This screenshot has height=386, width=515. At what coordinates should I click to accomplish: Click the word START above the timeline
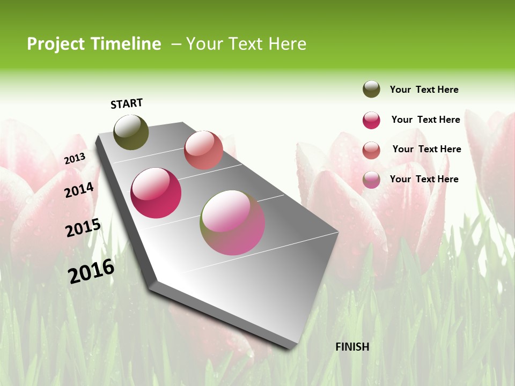click(x=127, y=103)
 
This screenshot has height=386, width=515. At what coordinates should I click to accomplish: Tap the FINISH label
click(x=352, y=347)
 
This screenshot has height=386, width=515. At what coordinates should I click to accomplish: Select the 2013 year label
click(x=75, y=158)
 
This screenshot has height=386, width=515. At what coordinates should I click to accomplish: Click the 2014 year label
click(x=79, y=190)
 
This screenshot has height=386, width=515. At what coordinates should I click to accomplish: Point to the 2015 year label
click(x=83, y=227)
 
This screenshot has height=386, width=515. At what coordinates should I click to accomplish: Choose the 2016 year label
click(x=91, y=271)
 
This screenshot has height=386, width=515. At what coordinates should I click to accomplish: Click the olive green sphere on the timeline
click(x=131, y=132)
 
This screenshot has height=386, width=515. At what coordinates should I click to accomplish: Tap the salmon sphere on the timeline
click(x=203, y=150)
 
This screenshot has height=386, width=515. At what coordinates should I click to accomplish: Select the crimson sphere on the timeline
click(x=156, y=193)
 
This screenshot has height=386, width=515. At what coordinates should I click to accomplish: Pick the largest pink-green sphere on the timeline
click(x=232, y=222)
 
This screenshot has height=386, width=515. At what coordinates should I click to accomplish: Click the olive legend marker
click(x=371, y=90)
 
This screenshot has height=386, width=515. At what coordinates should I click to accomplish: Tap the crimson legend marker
click(x=371, y=120)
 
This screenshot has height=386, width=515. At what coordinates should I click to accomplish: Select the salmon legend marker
click(x=371, y=150)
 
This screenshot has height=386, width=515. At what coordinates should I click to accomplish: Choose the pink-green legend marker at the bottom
click(x=371, y=180)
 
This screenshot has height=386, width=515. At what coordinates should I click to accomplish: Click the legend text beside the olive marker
click(x=424, y=90)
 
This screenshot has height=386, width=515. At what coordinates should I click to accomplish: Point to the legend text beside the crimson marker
click(x=425, y=120)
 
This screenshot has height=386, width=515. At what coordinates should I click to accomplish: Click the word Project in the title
click(x=55, y=44)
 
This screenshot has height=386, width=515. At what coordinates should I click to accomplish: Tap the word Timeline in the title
click(x=125, y=44)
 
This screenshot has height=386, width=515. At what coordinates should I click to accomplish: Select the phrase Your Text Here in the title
click(x=246, y=44)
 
